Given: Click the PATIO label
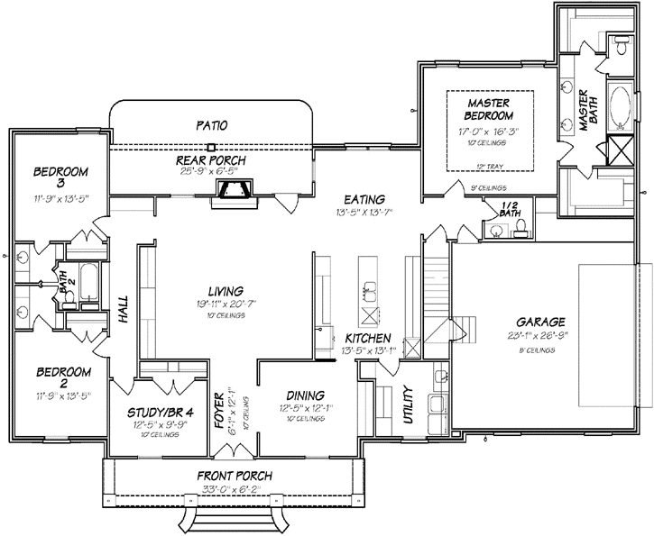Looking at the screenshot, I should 209,124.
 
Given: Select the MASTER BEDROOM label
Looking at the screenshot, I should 489,109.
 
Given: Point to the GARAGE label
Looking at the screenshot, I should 540,322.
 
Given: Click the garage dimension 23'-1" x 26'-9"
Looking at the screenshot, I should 540,335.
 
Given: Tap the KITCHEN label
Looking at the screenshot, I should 366,339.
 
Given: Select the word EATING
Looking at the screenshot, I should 364,199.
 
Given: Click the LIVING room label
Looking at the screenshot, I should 225,291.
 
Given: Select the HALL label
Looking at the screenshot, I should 124,312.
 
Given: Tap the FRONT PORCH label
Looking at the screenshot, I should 234,477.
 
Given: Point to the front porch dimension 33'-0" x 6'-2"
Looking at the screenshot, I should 234,490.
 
